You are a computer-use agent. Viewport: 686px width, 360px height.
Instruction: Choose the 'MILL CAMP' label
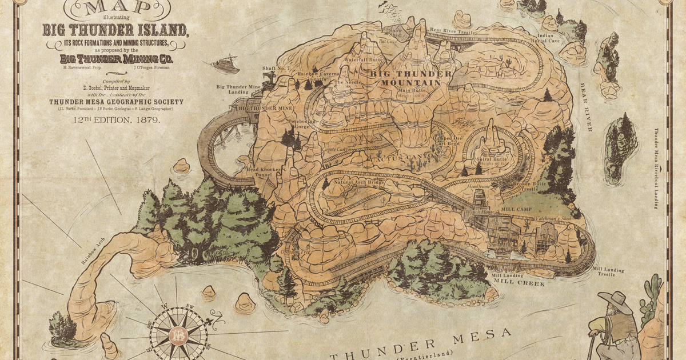click(x=517, y=209)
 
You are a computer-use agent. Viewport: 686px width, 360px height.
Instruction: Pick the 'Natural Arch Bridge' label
click(x=359, y=182)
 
